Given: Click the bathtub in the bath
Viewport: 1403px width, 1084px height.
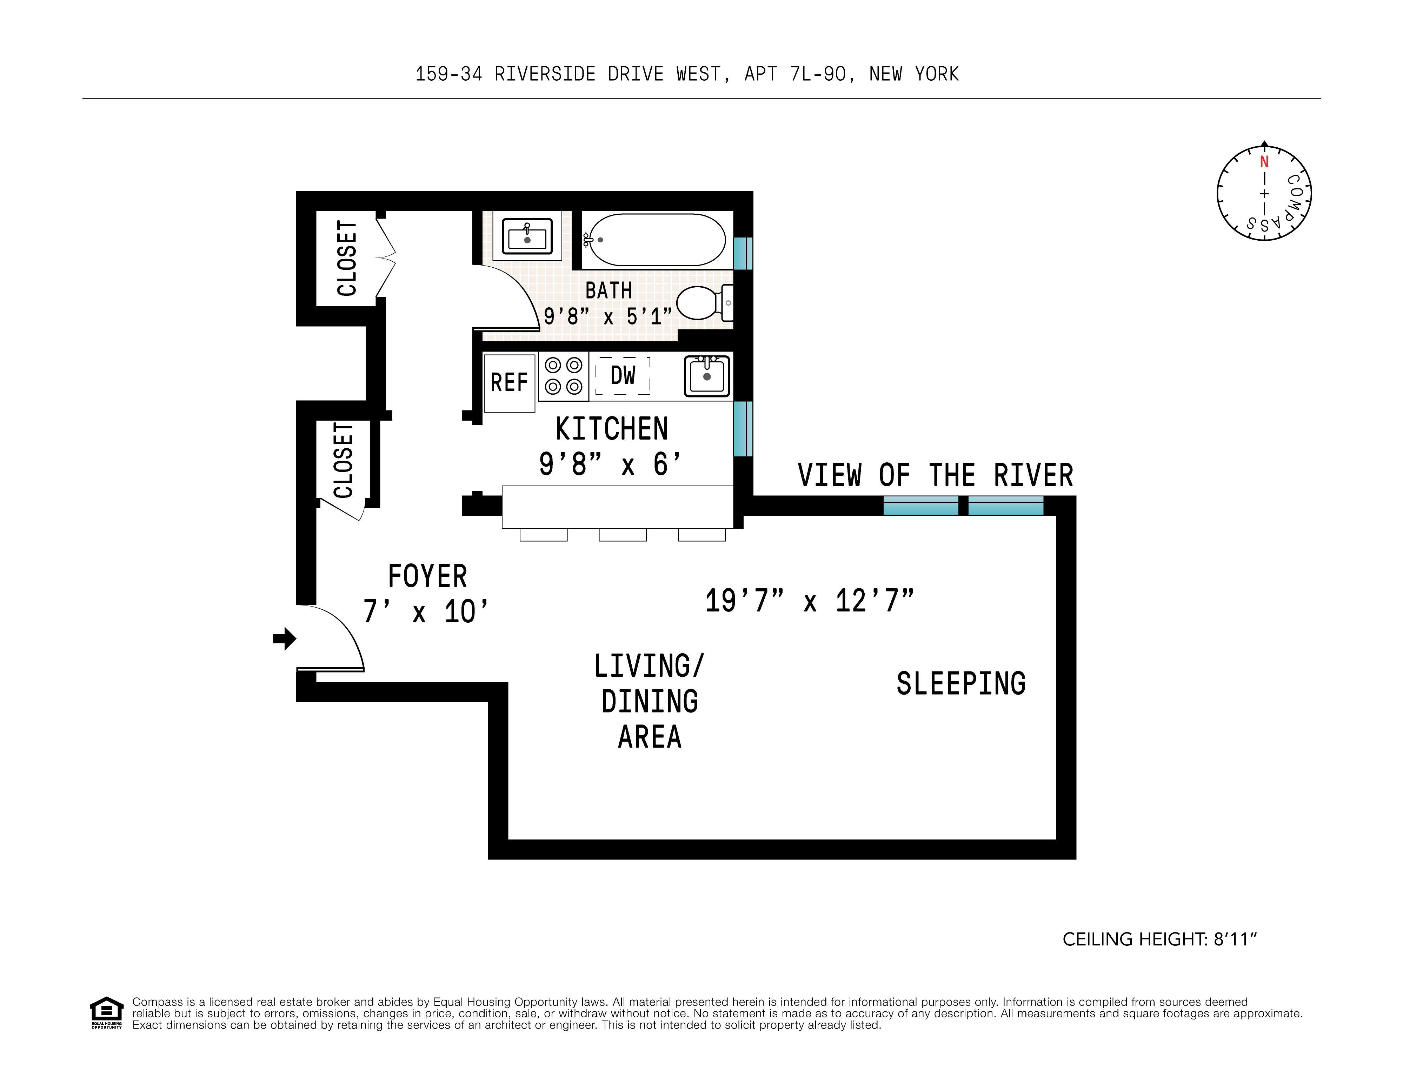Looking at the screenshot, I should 657,240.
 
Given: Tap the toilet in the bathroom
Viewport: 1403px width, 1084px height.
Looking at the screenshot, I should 700,303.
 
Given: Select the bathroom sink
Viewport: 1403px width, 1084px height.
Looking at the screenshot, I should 527,236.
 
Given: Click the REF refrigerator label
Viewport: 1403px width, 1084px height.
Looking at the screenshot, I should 509,383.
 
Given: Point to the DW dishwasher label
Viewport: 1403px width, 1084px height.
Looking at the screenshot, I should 623,376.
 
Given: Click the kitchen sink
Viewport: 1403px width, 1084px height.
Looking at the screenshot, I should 707,376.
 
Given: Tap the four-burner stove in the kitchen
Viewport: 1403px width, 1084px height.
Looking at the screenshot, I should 563,376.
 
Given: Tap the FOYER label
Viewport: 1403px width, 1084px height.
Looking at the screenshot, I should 427,576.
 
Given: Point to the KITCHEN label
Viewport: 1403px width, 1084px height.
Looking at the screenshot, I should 612,429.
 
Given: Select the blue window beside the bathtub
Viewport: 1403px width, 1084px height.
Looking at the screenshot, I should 743,253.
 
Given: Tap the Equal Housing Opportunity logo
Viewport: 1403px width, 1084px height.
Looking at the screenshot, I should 106,1012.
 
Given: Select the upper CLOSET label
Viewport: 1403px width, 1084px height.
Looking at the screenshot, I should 347,258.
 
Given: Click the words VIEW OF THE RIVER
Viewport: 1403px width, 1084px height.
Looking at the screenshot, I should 935,475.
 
